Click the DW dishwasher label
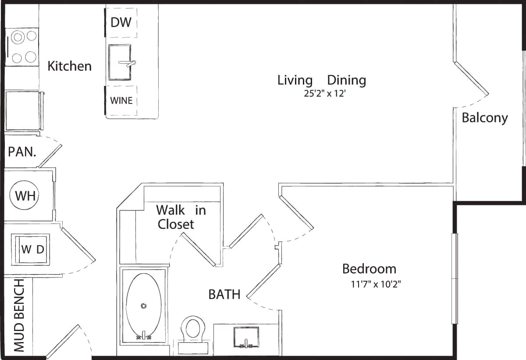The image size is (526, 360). [121, 22]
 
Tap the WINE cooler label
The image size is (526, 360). [121, 100]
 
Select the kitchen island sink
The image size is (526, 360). [121, 62]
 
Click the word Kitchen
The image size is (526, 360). [69, 66]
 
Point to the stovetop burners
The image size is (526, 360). [24, 47]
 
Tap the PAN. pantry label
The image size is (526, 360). [21, 152]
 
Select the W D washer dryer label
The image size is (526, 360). [33, 250]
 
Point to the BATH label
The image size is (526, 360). [224, 294]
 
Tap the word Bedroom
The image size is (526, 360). [369, 268]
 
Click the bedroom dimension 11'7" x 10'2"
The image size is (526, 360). [376, 284]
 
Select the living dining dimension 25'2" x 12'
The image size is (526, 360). [322, 93]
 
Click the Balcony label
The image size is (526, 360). [485, 118]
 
